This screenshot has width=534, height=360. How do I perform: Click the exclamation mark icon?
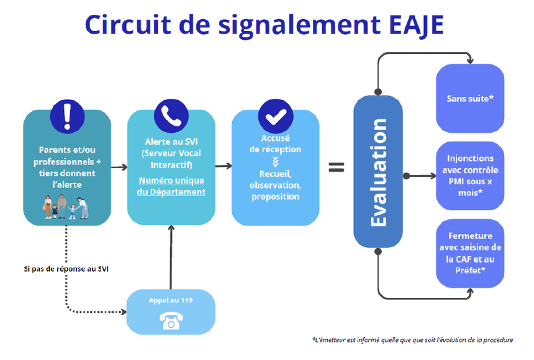67,117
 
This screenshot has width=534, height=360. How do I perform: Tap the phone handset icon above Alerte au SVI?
171,116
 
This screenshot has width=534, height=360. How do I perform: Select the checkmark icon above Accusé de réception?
276,117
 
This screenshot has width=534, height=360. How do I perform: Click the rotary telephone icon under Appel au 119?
171,322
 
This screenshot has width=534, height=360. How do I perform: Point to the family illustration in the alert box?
66,207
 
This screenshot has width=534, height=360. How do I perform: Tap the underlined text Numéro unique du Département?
171,186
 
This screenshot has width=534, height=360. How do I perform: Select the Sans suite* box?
470,99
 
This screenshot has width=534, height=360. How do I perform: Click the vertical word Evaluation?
379,173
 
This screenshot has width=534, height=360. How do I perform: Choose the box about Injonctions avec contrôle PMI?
470,176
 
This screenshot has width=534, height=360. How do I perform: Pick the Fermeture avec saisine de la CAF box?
470,253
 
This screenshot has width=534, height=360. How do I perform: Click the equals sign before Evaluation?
337,167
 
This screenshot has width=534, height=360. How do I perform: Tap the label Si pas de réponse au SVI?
66,269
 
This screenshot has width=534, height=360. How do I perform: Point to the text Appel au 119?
171,300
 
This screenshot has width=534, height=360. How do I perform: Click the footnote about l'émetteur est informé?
412,340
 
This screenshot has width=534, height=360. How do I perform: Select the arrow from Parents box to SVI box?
119,167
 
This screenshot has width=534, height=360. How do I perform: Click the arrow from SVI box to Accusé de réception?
224,166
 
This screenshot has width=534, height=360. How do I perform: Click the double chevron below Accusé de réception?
276,161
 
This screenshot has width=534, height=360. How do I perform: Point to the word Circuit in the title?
128,25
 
